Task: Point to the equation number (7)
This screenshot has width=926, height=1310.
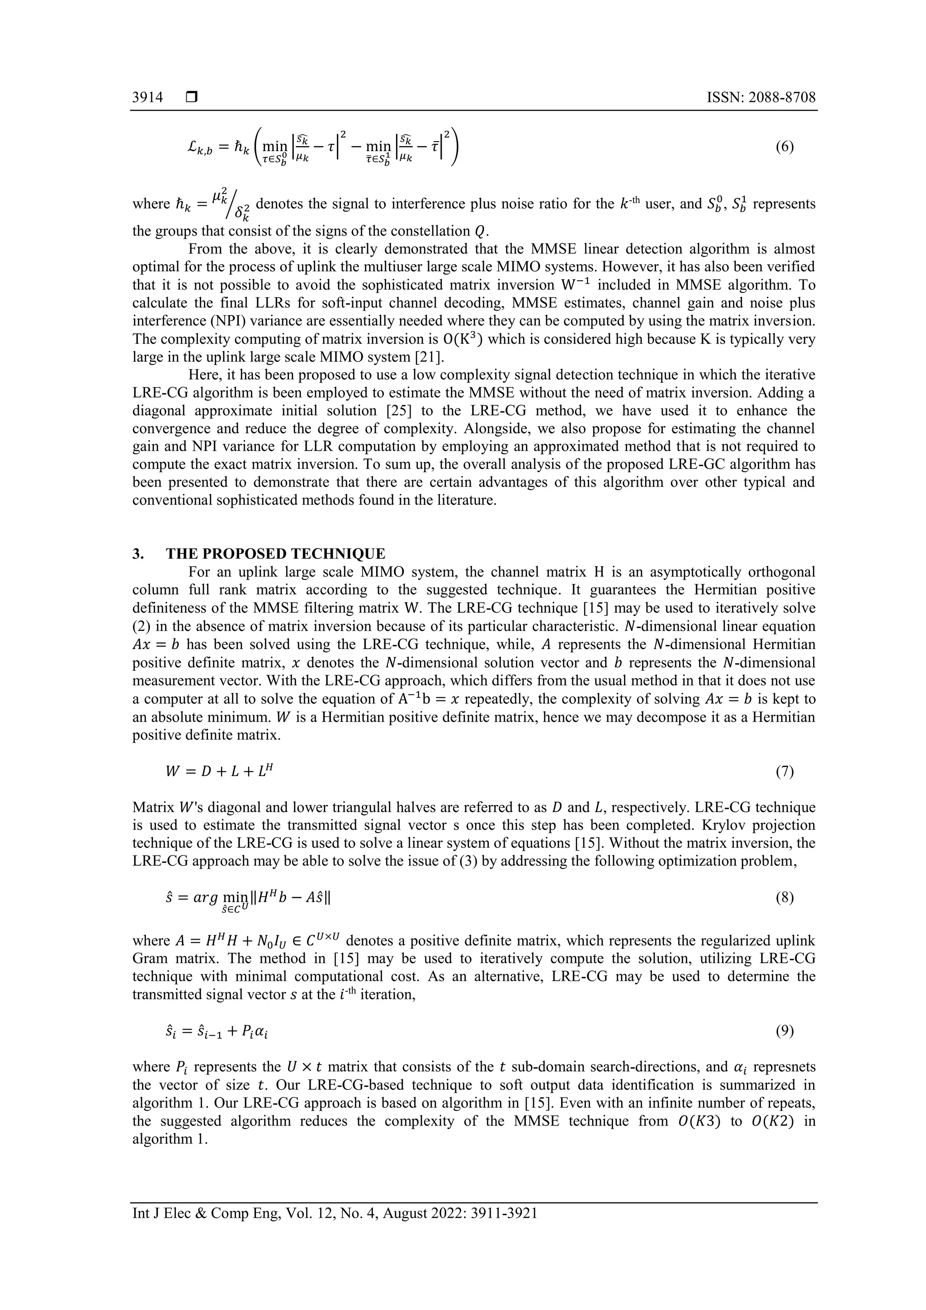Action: click(784, 772)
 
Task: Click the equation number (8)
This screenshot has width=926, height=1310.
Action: click(784, 898)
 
